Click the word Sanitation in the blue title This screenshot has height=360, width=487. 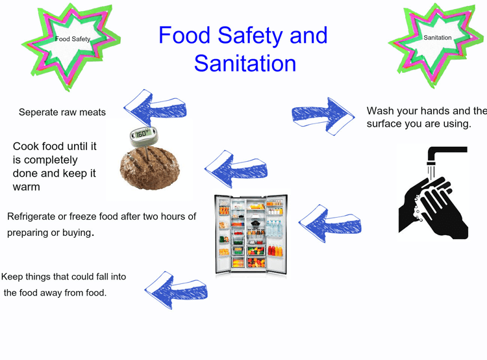tap(245, 64)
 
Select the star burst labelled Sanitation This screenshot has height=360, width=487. tap(437, 45)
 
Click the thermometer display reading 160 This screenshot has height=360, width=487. tap(143, 133)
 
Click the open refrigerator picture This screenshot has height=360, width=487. tap(251, 235)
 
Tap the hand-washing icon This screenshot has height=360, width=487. tap(433, 193)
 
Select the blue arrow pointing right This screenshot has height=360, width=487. tap(323, 116)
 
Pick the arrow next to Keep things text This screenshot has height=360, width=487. tap(176, 290)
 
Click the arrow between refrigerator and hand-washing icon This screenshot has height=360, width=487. tap(330, 224)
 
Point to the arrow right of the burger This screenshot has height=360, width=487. tap(236, 169)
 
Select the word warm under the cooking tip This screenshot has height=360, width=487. tap(27, 187)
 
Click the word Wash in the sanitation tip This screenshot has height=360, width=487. tap(380, 110)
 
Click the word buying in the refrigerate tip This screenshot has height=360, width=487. tap(77, 233)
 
